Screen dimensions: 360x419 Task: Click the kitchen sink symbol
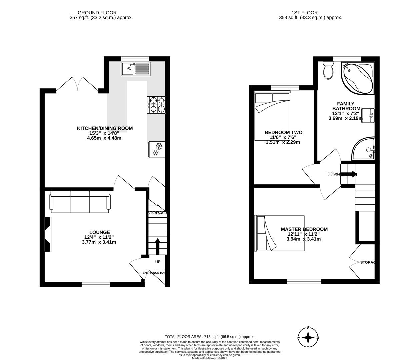136,69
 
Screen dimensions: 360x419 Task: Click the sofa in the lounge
80,202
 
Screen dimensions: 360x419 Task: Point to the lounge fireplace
48,235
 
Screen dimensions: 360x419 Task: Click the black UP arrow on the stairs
157,246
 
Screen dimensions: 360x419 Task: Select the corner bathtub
357,79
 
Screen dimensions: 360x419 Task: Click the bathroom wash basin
368,115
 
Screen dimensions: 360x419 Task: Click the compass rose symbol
308,337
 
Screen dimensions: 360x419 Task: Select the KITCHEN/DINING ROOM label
105,128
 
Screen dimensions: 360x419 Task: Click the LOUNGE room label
99,232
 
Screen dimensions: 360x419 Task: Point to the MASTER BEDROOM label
304,229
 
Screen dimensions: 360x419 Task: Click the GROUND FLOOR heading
97,13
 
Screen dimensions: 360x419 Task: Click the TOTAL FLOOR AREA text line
209,337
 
